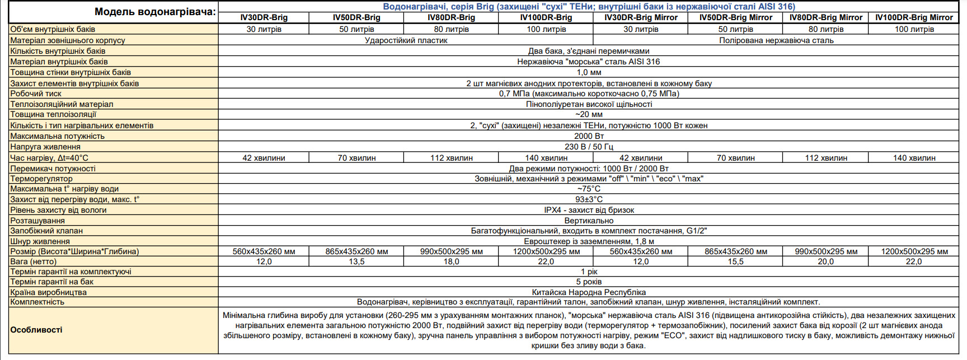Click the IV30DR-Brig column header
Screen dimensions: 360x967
264,17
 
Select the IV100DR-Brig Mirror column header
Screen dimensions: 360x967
914,17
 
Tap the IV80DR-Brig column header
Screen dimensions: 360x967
451,17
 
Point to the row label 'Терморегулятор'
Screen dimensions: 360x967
41,179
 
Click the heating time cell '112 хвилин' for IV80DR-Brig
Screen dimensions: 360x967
451,158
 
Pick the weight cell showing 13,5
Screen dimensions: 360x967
356,261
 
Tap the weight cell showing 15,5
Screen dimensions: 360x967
735,261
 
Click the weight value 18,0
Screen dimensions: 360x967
451,261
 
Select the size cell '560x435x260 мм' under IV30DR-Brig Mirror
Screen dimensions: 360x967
641,251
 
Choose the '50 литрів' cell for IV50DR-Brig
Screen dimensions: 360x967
356,29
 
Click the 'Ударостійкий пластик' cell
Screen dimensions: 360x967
406,40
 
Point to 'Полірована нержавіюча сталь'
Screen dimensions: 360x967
776,40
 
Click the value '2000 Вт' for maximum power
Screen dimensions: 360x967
589,136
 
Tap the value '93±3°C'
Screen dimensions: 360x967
589,199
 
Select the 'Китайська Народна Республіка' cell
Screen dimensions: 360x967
589,292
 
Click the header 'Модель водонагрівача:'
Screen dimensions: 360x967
155,12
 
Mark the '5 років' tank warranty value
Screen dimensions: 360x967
589,282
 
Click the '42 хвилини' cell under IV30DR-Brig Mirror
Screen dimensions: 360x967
641,158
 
